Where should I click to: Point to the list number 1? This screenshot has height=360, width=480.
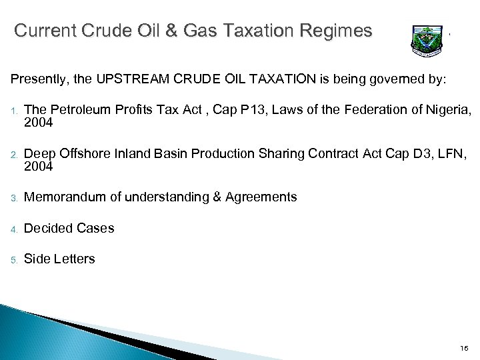[13, 110]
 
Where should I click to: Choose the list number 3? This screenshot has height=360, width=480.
[13, 198]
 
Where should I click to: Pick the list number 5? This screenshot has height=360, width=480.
[13, 259]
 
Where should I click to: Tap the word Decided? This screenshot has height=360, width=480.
[45, 228]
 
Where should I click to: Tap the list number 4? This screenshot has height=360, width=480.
[13, 229]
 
